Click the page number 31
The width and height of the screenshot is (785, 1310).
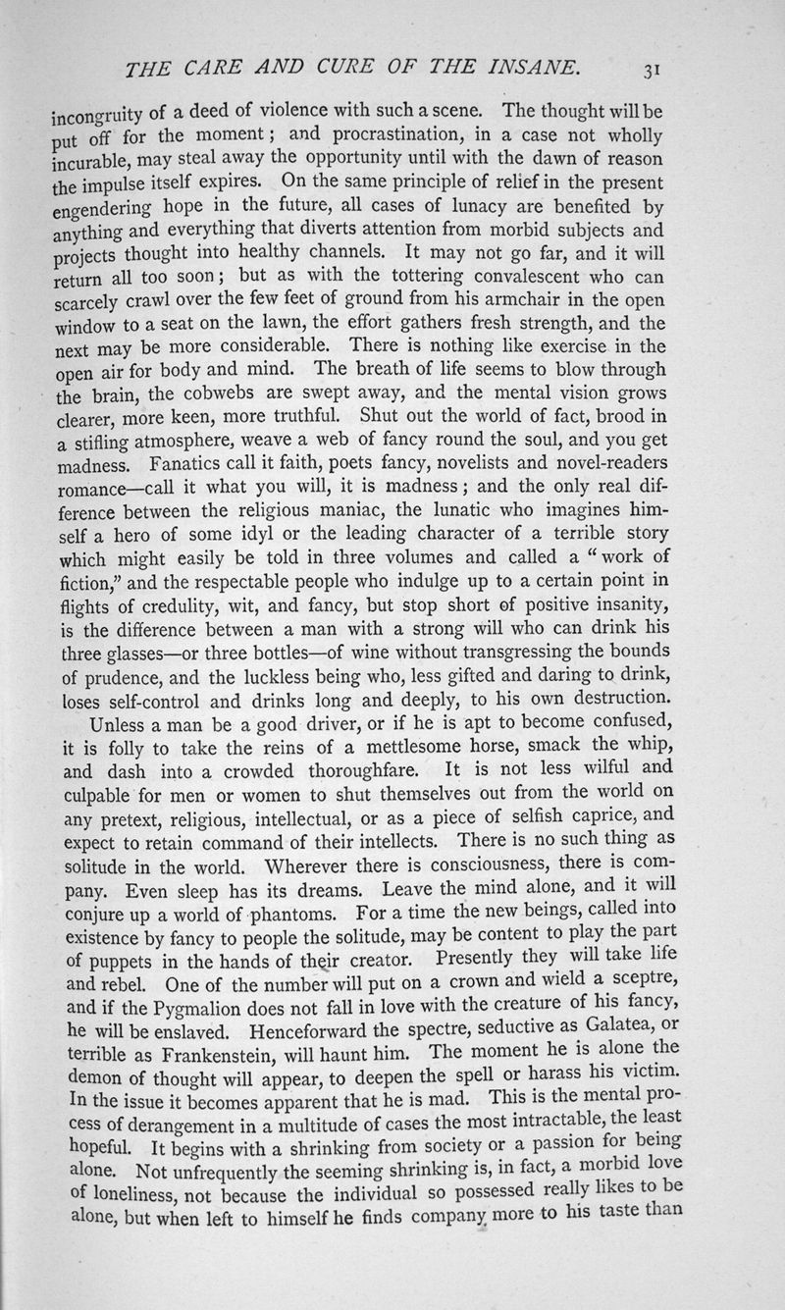(x=652, y=70)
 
